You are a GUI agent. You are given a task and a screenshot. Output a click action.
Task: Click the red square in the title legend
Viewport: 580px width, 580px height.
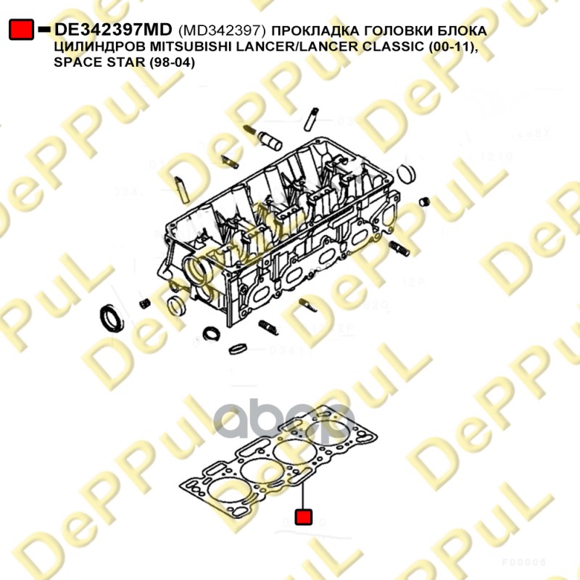click(20, 29)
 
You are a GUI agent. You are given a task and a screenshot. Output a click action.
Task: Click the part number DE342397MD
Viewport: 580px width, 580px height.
click(114, 29)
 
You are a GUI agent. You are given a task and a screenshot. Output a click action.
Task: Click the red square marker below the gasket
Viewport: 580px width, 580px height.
click(303, 517)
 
